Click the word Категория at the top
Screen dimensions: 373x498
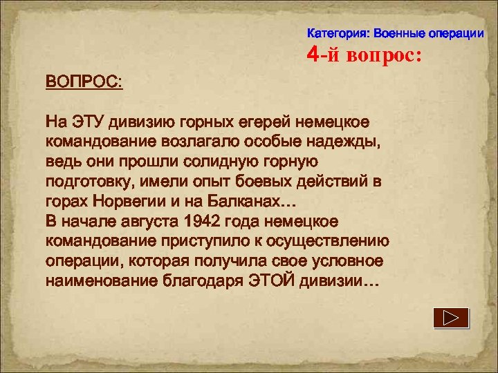335,33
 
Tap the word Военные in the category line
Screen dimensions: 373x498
398,33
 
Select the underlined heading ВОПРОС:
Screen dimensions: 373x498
84,81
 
